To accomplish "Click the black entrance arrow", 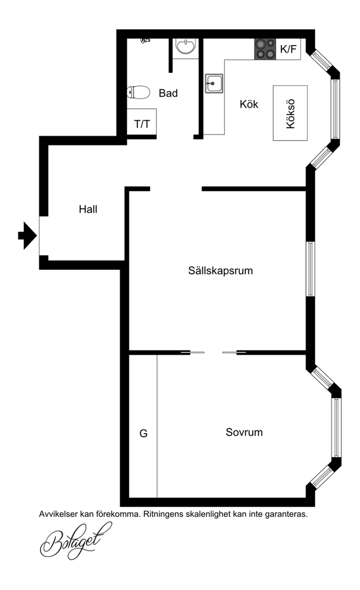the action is click(27, 235).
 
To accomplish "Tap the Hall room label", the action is click(88, 209).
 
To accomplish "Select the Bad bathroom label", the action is click(168, 93).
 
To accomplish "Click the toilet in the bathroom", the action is click(138, 92).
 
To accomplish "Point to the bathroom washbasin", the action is click(186, 47).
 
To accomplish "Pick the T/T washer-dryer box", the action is click(142, 122).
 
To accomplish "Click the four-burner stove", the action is click(265, 49).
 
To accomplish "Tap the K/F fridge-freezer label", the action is click(289, 49).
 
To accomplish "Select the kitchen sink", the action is click(214, 83).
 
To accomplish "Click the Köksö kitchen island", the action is click(290, 113).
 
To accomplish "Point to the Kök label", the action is click(249, 104).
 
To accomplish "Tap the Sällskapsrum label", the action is click(220, 271).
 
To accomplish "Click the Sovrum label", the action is click(244, 432).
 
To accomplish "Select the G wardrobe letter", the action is click(144, 433).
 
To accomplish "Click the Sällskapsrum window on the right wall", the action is click(310, 269).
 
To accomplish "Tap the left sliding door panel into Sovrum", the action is click(193, 352).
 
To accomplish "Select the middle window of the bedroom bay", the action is click(336, 427).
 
